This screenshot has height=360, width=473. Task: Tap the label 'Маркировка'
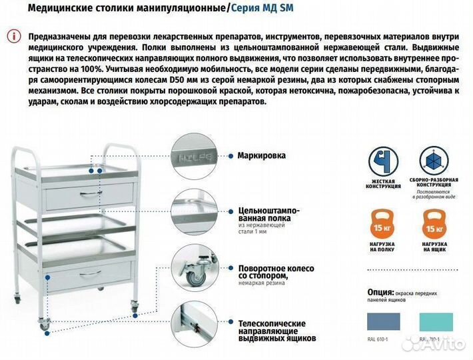(261, 155)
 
